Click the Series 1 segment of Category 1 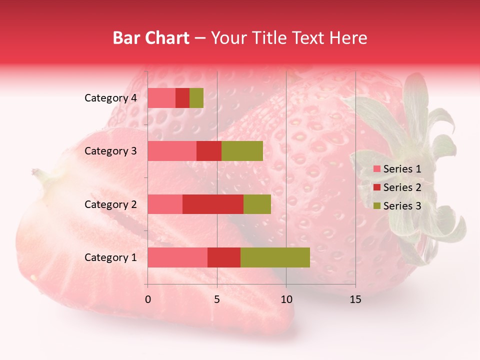point(177,257)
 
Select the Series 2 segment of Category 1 point(224,257)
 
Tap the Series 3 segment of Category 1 point(275,257)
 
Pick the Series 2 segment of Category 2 point(213,204)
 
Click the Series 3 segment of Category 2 point(257,204)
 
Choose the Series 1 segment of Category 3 point(172,151)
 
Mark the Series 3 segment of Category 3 point(242,151)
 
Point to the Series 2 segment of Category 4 point(182,98)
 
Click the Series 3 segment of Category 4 point(196,98)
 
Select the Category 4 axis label point(110,98)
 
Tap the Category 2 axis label point(110,204)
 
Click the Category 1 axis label point(110,257)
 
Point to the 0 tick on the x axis point(148,299)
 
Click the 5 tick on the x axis point(217,299)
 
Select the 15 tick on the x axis point(355,299)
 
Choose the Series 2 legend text point(402,187)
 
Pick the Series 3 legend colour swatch point(376,206)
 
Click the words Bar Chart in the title point(151,38)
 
